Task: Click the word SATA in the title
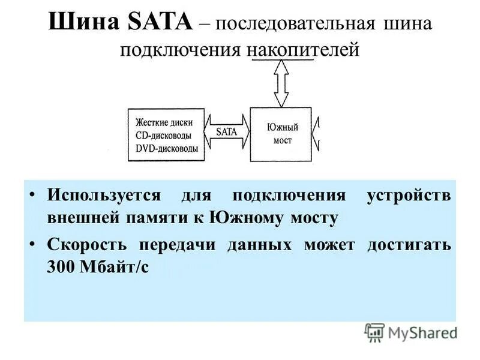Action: tap(161, 25)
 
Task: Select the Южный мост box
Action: tap(281, 133)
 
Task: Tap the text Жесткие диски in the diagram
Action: tap(164, 122)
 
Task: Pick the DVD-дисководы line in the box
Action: tap(166, 148)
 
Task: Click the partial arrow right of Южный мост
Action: tap(319, 133)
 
